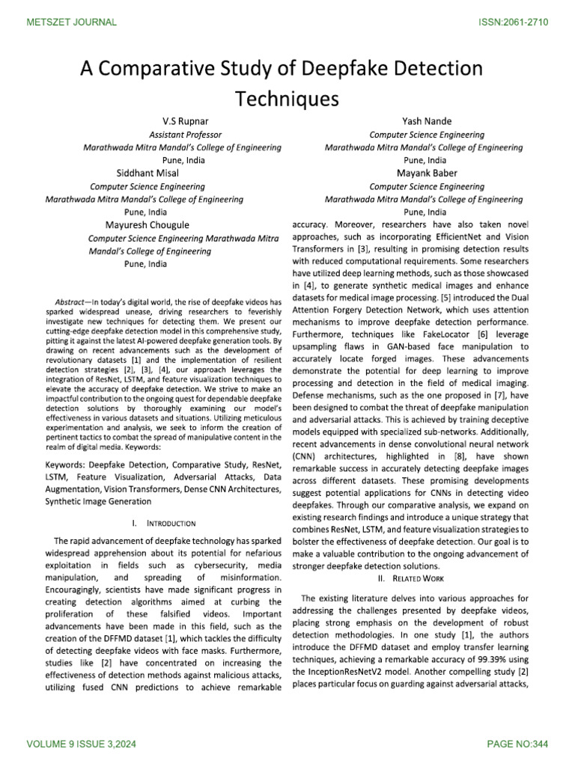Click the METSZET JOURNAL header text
point(72,22)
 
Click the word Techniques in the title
point(287,99)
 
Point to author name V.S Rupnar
point(186,121)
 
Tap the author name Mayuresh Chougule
point(147,224)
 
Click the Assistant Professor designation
point(186,135)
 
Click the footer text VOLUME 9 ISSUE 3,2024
point(76,745)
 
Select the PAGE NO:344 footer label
point(517,745)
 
